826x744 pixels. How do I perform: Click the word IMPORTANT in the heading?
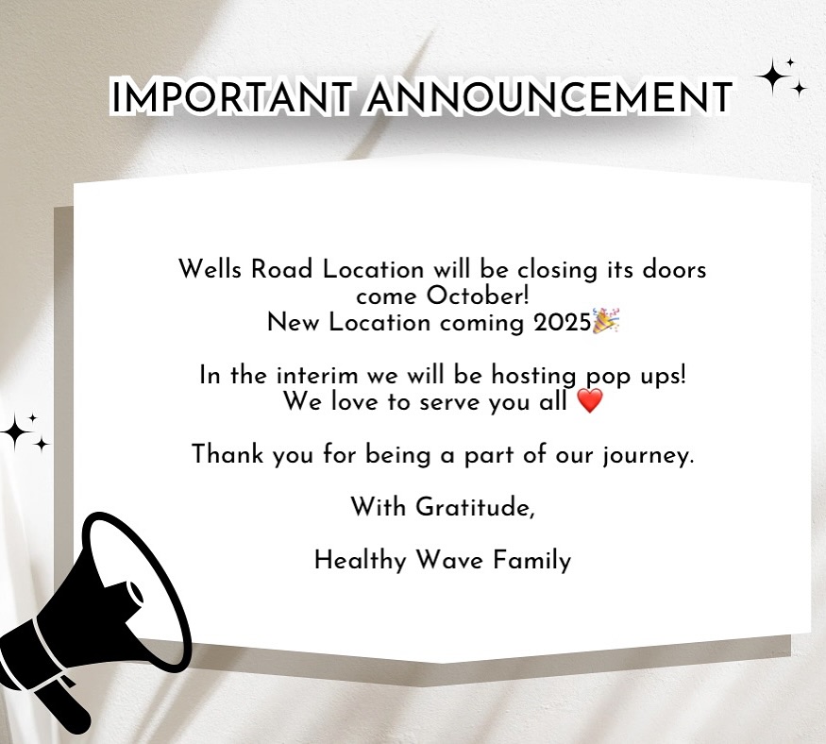(x=230, y=97)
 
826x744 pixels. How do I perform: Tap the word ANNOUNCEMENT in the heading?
(x=548, y=97)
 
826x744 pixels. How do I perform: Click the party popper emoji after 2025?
(x=606, y=321)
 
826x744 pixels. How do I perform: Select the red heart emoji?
(x=590, y=401)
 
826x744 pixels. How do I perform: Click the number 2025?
(x=562, y=323)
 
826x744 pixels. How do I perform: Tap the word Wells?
(x=211, y=269)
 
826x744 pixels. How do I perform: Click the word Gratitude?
(x=475, y=507)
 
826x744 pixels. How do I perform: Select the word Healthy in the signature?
(x=361, y=560)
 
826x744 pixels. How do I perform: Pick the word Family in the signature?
(x=532, y=560)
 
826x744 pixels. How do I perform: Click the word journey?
(x=649, y=455)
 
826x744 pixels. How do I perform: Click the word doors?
(x=674, y=269)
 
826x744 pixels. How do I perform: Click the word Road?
(x=282, y=269)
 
